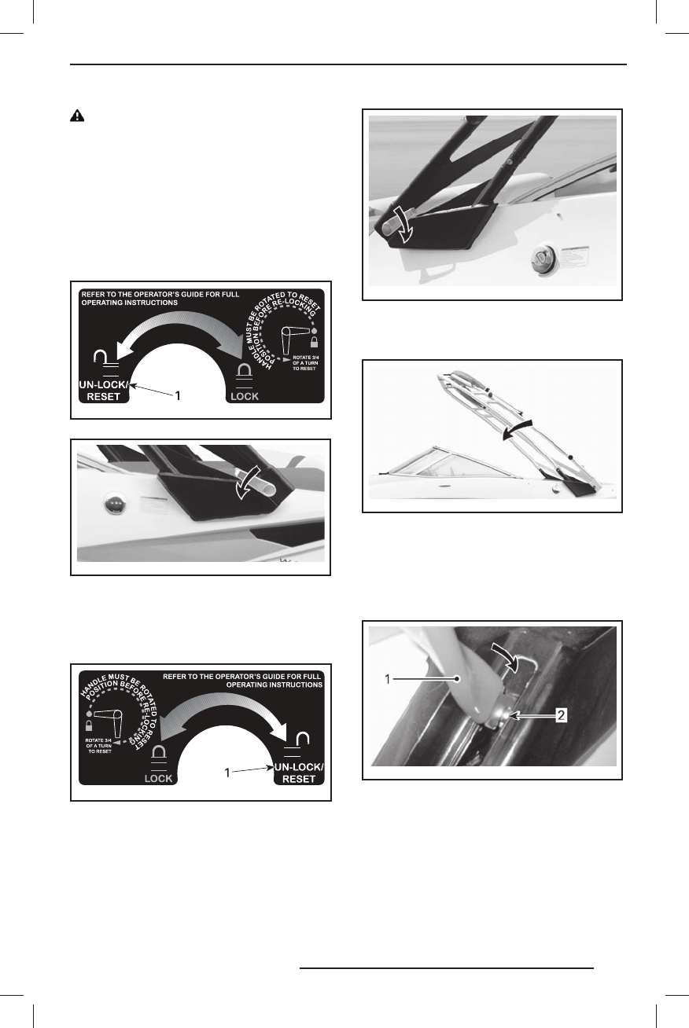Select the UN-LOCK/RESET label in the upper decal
(x=105, y=391)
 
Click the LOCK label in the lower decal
(x=159, y=779)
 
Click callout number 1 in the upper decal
(x=179, y=398)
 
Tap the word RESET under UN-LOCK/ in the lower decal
(x=296, y=779)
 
